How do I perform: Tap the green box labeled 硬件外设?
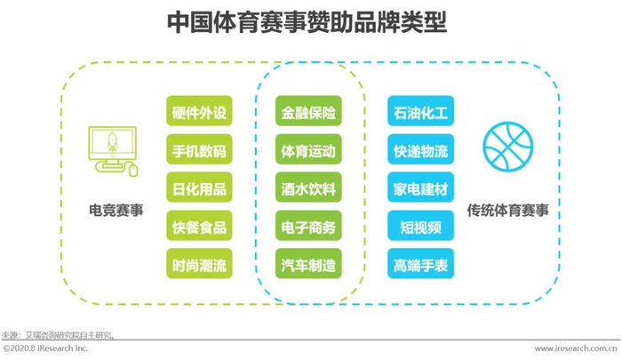[199, 114]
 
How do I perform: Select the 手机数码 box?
[199, 152]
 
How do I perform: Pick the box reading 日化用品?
[199, 189]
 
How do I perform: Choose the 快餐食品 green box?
[199, 228]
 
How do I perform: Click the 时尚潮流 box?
[199, 265]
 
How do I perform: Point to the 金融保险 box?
[309, 114]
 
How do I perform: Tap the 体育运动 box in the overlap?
[309, 152]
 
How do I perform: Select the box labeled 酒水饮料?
[309, 189]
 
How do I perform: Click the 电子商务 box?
[309, 228]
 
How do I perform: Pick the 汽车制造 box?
[309, 265]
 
